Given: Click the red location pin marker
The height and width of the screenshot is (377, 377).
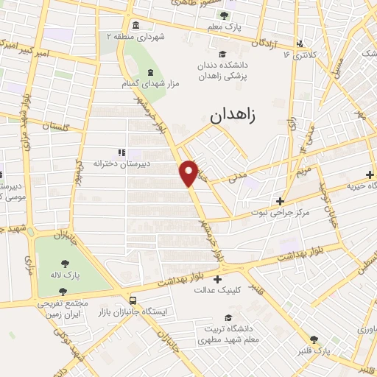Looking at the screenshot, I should (189, 172).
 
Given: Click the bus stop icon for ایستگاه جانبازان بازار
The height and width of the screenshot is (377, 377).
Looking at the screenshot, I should (133, 300).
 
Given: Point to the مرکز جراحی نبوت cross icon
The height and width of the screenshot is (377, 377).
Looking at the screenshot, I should (280, 200).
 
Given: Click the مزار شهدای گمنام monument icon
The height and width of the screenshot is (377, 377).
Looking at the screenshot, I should (151, 72).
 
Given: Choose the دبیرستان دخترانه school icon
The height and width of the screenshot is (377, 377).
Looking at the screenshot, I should (121, 152).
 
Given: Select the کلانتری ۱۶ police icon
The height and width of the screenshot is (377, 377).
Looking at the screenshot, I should (299, 43).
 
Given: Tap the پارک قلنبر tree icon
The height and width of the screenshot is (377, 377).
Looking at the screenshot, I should (314, 339).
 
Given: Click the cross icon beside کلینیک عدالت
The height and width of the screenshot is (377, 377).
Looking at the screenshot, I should (217, 279).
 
